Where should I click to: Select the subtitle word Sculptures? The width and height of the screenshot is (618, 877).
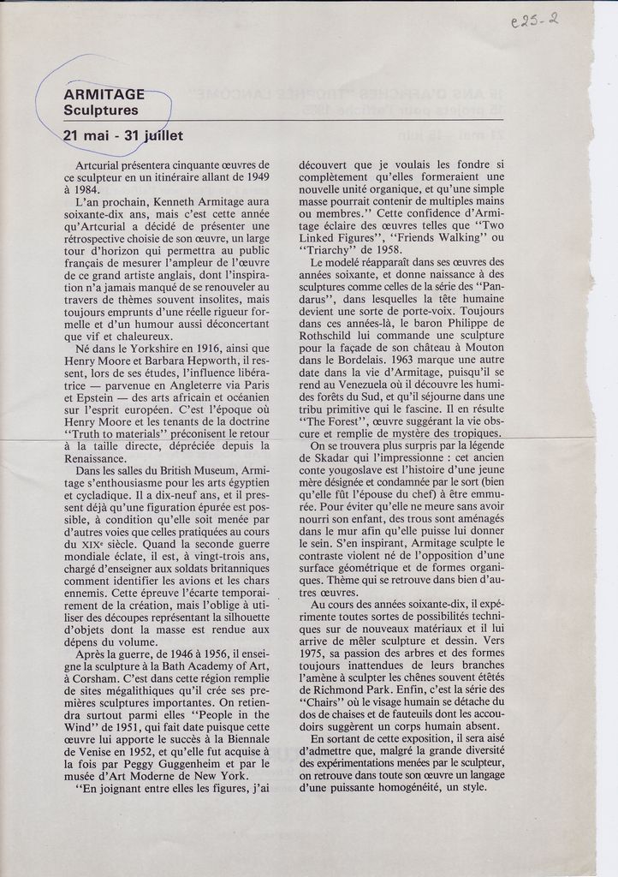[100, 110]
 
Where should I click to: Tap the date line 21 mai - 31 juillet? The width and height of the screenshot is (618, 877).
[122, 135]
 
